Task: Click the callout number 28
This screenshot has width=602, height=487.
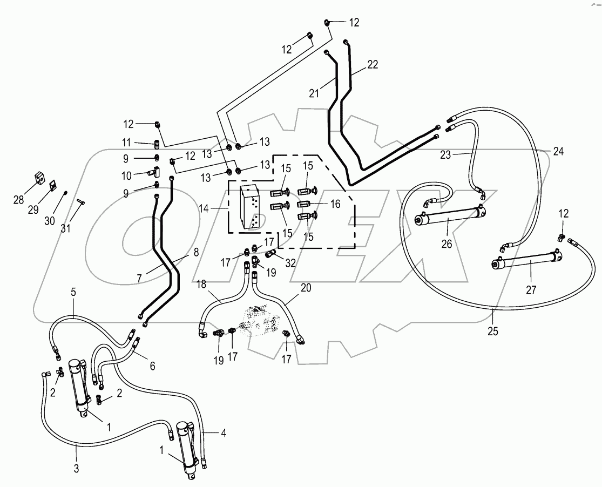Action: (19, 200)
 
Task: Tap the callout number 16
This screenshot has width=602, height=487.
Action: (336, 204)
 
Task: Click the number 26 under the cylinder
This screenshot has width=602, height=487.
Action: (446, 243)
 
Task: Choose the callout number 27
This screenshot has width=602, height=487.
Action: (531, 290)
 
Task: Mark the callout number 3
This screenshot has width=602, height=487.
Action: (76, 468)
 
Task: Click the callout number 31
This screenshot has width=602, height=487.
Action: (65, 228)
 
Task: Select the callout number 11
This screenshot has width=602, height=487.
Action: (126, 143)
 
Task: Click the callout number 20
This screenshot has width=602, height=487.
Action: (306, 288)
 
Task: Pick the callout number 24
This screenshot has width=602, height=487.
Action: (558, 152)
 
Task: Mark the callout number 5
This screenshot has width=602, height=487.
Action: (73, 292)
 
